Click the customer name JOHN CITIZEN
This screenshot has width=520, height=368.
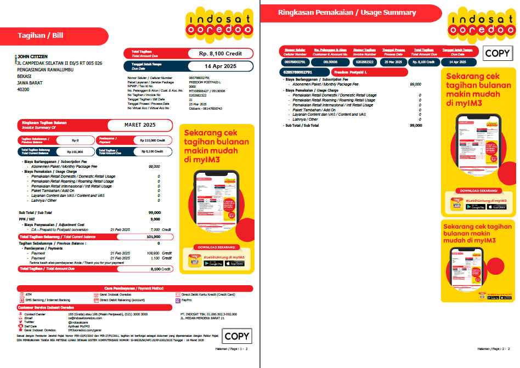(32, 56)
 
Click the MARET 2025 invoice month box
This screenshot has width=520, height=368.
(140, 125)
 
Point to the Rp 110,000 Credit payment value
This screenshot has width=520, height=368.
(151, 140)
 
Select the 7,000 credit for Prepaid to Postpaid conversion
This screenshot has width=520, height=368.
(155, 229)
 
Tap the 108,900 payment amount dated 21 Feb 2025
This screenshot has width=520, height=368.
(152, 253)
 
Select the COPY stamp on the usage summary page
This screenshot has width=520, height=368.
(497, 53)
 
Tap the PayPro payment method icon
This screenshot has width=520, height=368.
(178, 301)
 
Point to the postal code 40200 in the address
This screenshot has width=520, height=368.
(23, 89)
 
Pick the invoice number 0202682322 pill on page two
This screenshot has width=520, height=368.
(364, 62)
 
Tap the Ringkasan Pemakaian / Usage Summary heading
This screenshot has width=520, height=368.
(347, 13)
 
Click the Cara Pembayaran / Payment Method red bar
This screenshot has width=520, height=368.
(134, 288)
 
